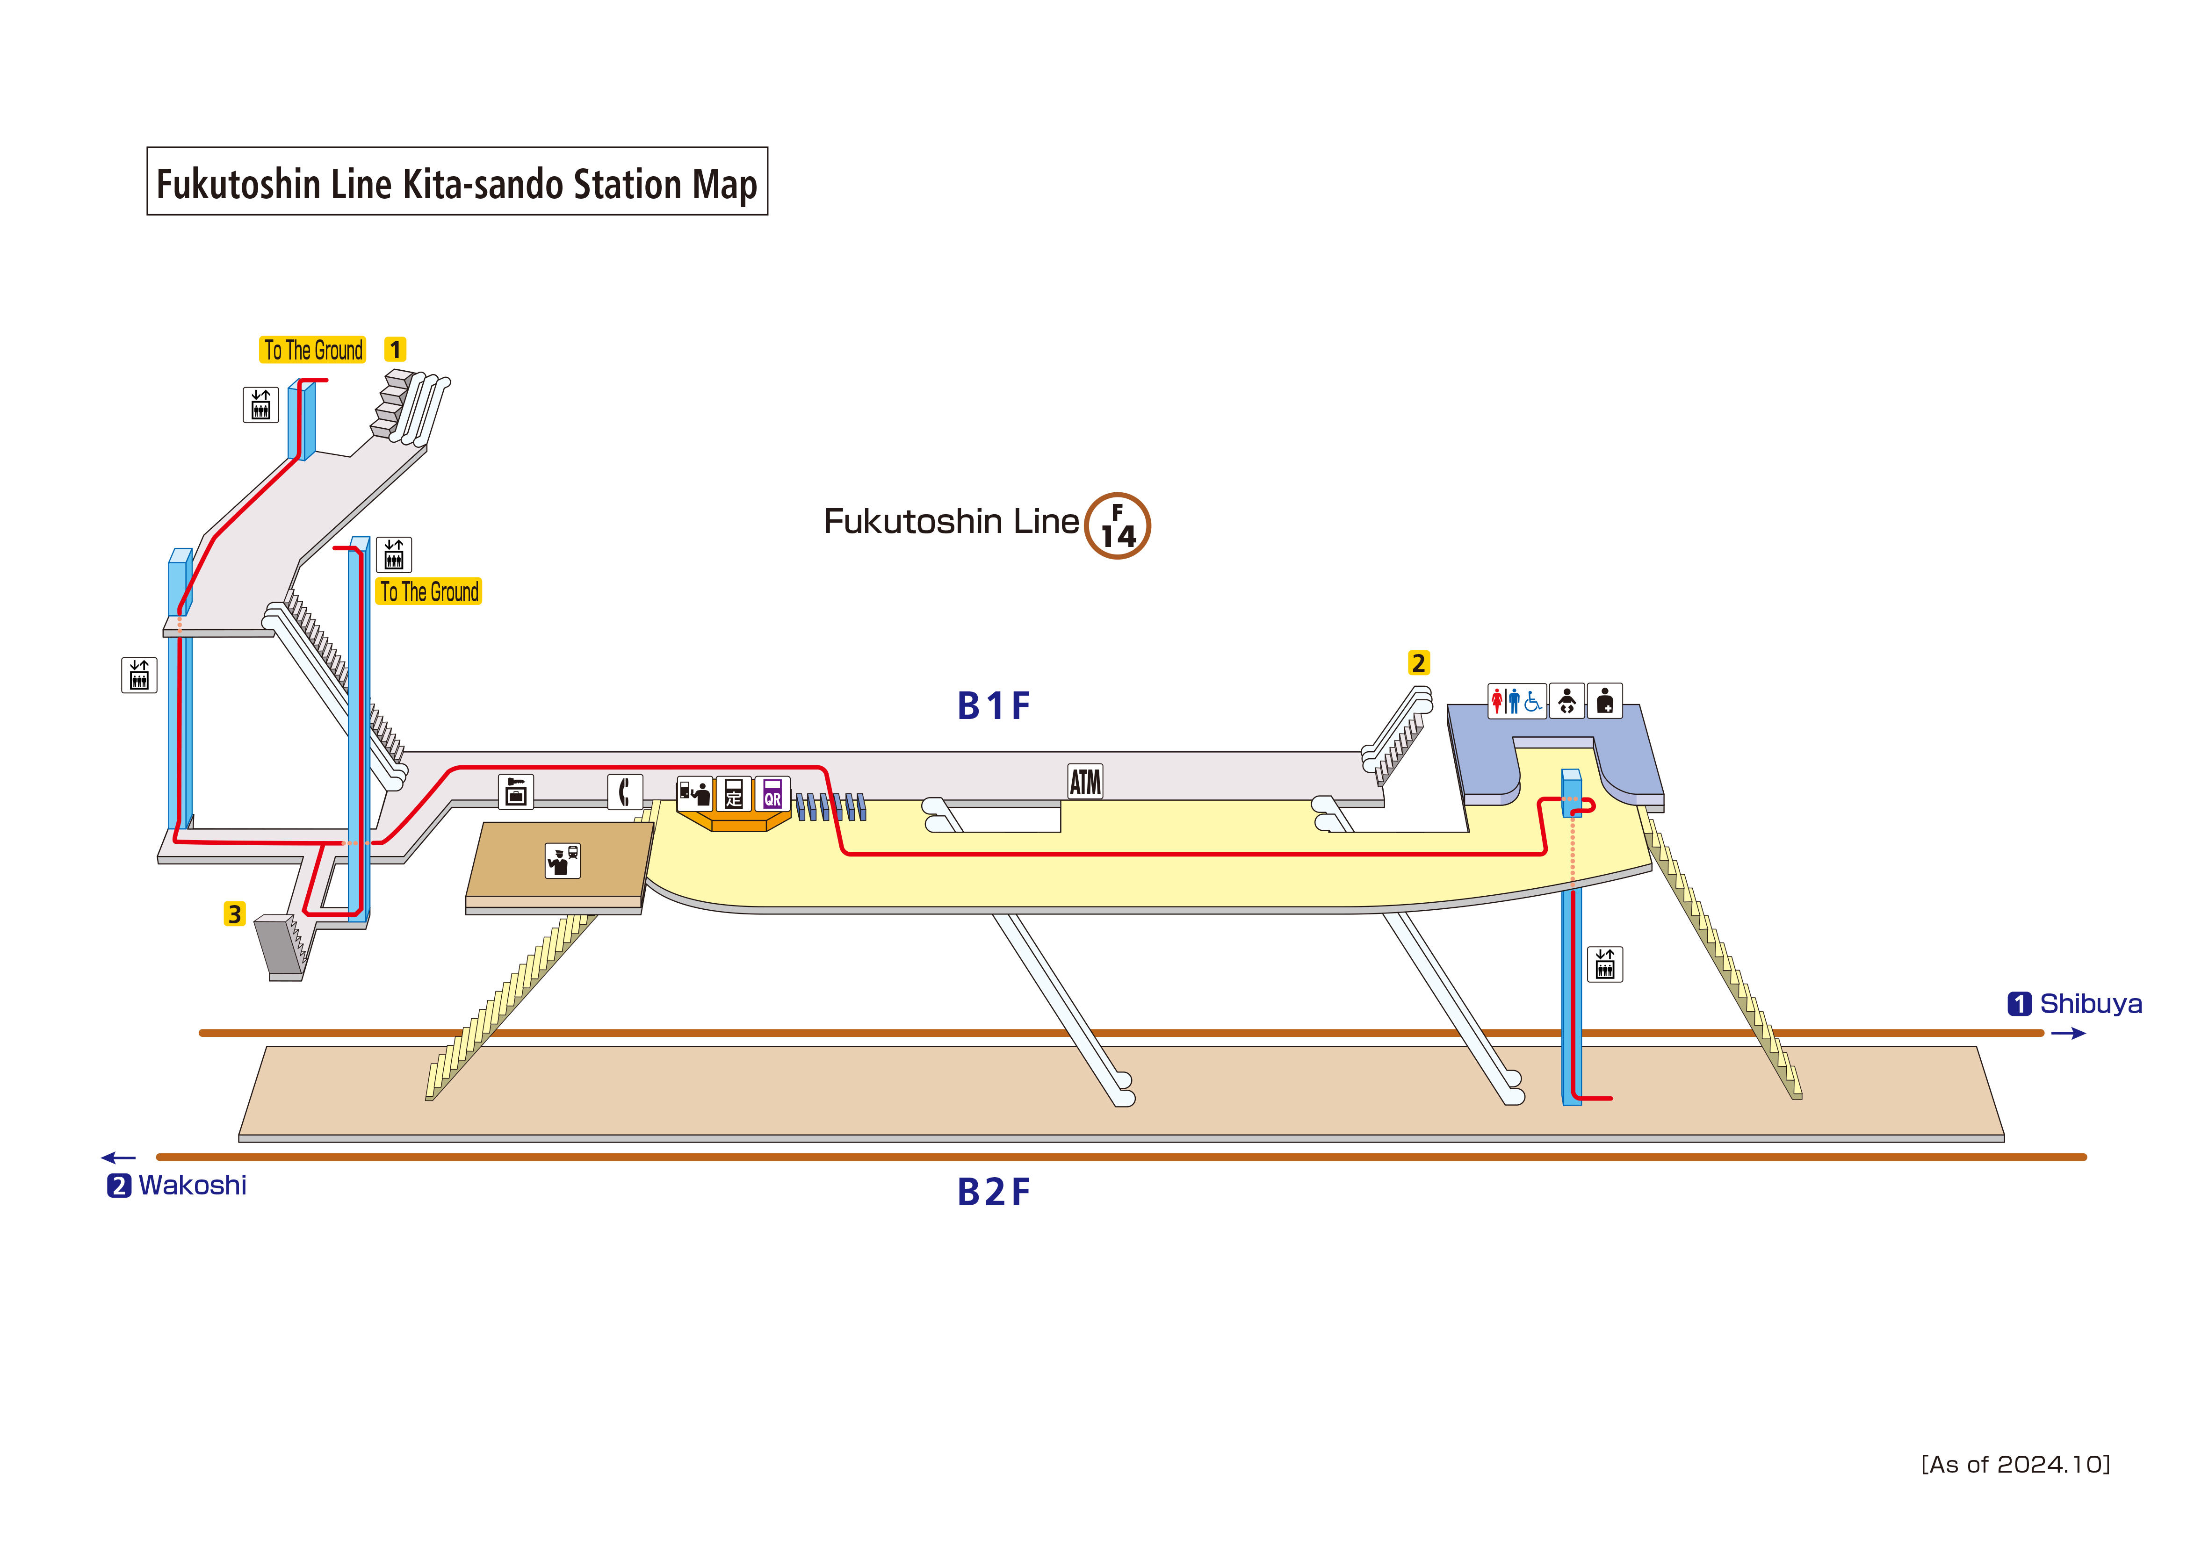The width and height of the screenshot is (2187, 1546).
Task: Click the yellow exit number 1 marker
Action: tap(395, 350)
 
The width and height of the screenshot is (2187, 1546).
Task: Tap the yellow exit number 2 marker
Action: tap(1418, 663)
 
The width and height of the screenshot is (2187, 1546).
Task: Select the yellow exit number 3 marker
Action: tap(234, 914)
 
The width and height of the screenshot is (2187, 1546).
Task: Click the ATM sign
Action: tap(1085, 782)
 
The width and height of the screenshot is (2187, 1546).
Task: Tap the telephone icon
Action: tap(625, 791)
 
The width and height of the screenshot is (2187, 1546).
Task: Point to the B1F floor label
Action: tap(994, 706)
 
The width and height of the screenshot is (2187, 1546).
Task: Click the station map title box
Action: tap(457, 182)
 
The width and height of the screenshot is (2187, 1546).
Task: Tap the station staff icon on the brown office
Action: tap(563, 861)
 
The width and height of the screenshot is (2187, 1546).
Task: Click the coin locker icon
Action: tap(515, 791)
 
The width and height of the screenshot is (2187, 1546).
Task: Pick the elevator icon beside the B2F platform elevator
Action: tap(1605, 965)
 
